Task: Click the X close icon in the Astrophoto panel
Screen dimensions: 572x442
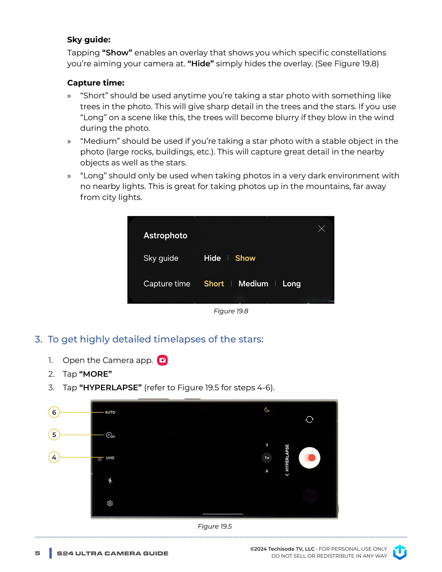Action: (321, 228)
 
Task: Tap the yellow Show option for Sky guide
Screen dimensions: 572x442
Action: (245, 258)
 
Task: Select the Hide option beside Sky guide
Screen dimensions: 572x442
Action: (212, 258)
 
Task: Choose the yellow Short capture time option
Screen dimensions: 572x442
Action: (214, 284)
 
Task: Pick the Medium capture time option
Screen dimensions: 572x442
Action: (253, 284)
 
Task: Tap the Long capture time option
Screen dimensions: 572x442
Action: (291, 284)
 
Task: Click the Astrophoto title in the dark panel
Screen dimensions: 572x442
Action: (165, 236)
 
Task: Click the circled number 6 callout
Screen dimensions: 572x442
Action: (54, 412)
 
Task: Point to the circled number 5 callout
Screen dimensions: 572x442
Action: (54, 435)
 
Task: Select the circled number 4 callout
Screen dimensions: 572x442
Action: (54, 457)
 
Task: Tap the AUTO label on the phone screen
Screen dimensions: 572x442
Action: (110, 412)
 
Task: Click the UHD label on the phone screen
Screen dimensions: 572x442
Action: (110, 458)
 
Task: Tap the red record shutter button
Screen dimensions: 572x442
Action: (310, 458)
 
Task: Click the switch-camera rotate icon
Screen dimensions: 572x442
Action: (309, 419)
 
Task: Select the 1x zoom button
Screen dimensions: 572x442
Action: (267, 458)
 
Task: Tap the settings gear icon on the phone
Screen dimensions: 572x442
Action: (110, 503)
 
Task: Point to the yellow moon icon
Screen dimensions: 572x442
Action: (267, 410)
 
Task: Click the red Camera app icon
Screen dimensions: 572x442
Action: (162, 360)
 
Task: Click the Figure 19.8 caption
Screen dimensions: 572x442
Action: (231, 311)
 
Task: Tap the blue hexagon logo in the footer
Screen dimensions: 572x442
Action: (400, 552)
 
